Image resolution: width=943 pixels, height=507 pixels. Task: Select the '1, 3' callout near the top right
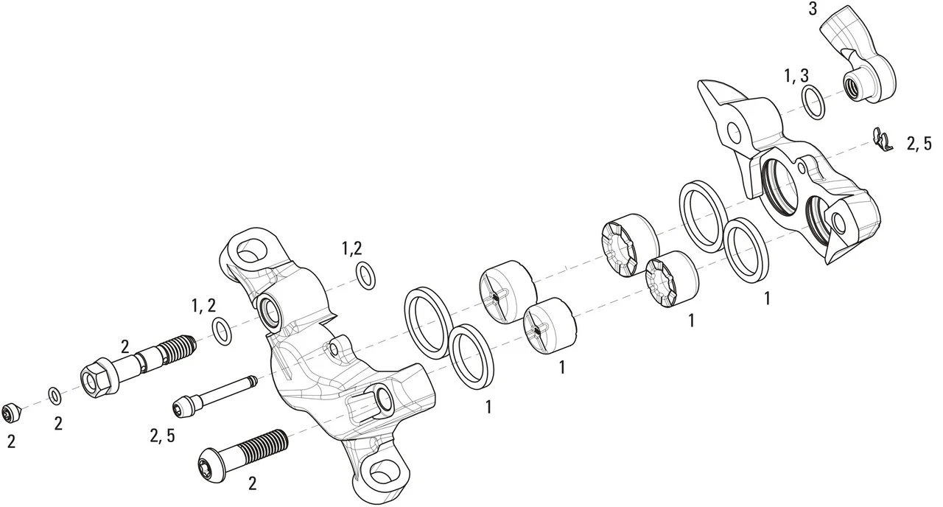coord(796,76)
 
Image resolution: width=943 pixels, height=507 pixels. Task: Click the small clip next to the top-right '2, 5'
coord(881,139)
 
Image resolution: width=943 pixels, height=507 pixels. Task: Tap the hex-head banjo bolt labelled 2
coord(136,363)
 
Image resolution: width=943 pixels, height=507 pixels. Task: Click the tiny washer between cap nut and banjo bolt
coord(55,395)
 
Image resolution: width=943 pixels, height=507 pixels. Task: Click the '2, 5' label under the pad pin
coord(162,436)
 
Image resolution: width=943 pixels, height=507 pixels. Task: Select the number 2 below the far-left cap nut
coord(11,441)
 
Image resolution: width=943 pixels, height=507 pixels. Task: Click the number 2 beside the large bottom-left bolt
coord(252,484)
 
